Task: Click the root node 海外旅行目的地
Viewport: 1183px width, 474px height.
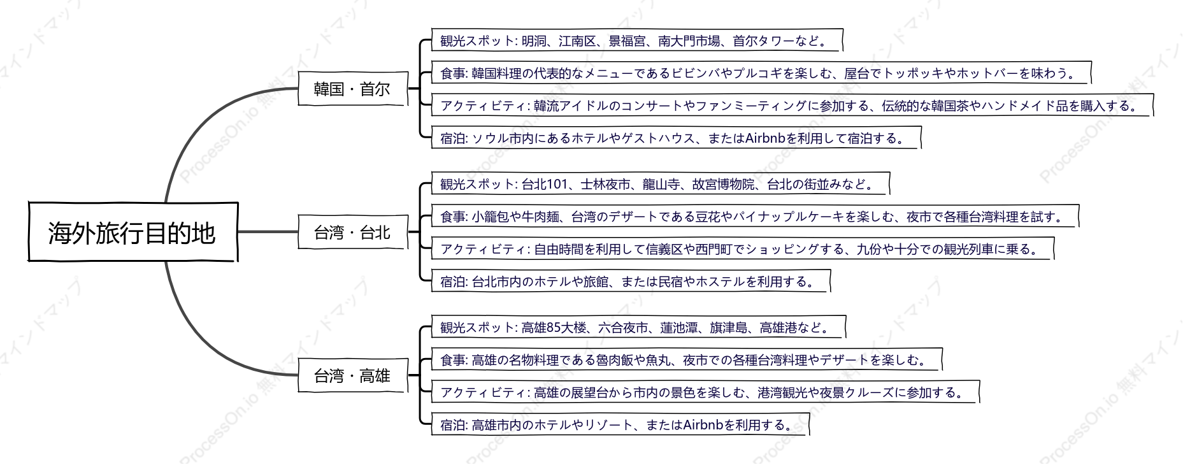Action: tap(133, 232)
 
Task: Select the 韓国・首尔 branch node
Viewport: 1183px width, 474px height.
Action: tap(352, 89)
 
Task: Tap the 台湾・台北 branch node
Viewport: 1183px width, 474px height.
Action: tap(352, 232)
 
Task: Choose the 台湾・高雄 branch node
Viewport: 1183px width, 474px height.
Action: tap(352, 376)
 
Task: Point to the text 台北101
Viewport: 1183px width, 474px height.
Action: tap(544, 185)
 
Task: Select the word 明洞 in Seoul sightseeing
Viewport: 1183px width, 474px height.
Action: tap(533, 41)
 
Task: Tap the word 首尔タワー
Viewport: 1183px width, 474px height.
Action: tap(764, 41)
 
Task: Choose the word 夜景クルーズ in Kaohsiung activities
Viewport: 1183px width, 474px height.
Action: tap(857, 393)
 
